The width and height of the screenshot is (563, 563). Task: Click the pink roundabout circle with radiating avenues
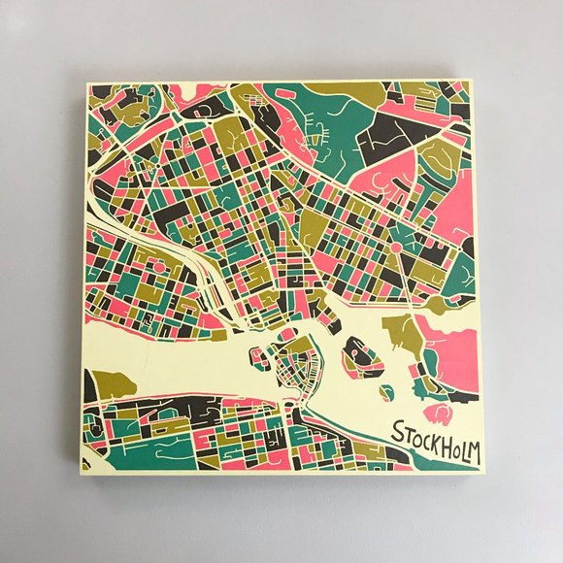[395, 248]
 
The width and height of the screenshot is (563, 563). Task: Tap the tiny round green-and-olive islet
[386, 392]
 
